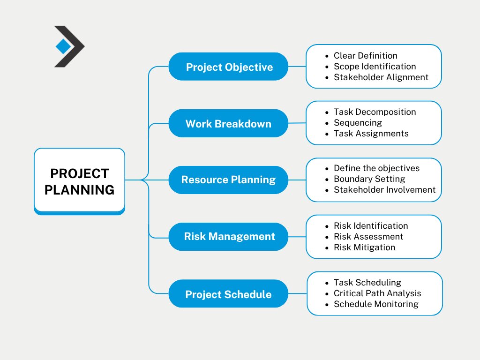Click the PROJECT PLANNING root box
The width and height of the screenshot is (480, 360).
79,181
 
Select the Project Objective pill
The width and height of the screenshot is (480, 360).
228,67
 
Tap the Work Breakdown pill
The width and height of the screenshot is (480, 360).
228,123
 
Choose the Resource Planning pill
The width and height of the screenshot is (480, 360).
228,180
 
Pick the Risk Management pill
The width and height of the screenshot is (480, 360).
228,237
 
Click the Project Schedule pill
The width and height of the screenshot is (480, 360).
228,293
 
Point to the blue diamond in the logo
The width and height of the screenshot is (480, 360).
63,46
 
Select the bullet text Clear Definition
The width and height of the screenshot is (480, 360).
366,55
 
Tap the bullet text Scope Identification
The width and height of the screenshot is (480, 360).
375,67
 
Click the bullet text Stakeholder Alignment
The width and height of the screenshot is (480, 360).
381,77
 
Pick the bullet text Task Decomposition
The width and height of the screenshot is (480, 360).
375,112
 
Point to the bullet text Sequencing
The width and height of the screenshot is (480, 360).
358,123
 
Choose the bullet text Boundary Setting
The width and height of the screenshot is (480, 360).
369,179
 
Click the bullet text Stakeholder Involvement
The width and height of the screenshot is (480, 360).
384,190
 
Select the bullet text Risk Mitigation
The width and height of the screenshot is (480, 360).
364,247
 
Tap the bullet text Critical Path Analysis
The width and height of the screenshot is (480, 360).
377,293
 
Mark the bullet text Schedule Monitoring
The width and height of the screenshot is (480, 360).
376,304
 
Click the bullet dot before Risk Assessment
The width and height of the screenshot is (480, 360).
327,237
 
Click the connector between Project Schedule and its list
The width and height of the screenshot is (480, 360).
298,293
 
